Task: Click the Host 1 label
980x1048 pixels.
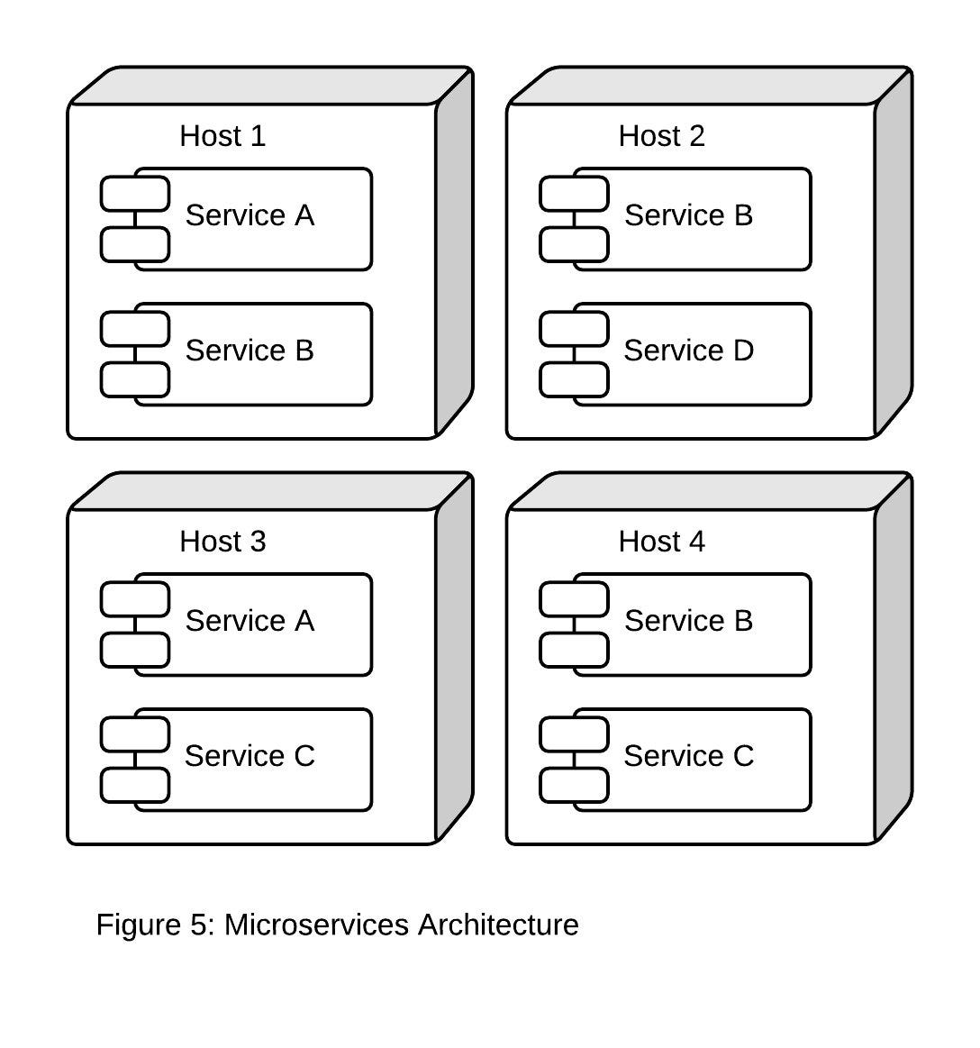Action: click(222, 136)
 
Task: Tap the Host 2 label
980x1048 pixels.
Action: click(661, 136)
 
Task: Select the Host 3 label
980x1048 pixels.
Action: click(222, 542)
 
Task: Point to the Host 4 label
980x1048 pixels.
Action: click(661, 542)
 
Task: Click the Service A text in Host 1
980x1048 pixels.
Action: click(250, 215)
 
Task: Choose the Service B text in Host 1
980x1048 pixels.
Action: click(250, 351)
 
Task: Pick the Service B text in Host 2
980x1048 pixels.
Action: click(689, 215)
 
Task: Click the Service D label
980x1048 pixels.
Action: click(689, 351)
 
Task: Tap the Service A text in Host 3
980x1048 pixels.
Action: click(250, 621)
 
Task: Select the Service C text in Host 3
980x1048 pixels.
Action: click(250, 756)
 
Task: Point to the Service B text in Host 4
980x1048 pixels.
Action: click(689, 621)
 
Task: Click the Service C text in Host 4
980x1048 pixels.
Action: click(689, 756)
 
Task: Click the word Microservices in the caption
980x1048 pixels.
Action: click(316, 925)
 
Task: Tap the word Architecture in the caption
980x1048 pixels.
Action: click(498, 925)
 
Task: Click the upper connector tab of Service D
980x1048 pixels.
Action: click(574, 329)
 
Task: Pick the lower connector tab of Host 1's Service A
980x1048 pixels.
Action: click(135, 244)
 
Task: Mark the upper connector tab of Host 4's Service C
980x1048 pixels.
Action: click(574, 734)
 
